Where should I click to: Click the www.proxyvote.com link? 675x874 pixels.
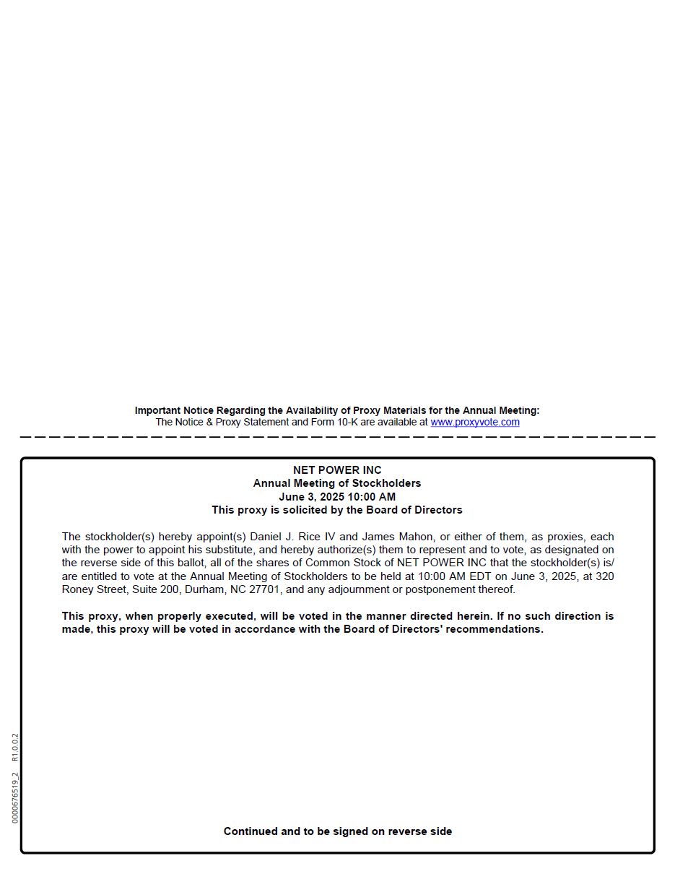click(474, 423)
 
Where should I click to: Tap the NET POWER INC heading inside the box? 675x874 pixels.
click(337, 470)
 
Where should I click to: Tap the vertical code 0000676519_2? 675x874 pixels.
click(15, 797)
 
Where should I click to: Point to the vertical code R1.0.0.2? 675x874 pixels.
click(15, 748)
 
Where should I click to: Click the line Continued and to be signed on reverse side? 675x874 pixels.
click(337, 831)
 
